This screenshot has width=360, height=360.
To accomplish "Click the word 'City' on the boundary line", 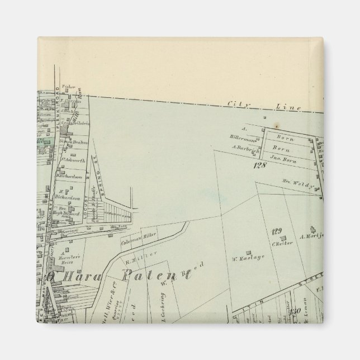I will pos(234,103).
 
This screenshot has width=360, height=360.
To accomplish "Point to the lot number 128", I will pos(258,166).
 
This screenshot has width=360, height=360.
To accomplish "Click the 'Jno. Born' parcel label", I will pos(282,159).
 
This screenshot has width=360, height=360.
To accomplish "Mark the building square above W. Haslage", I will pos(248,251).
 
